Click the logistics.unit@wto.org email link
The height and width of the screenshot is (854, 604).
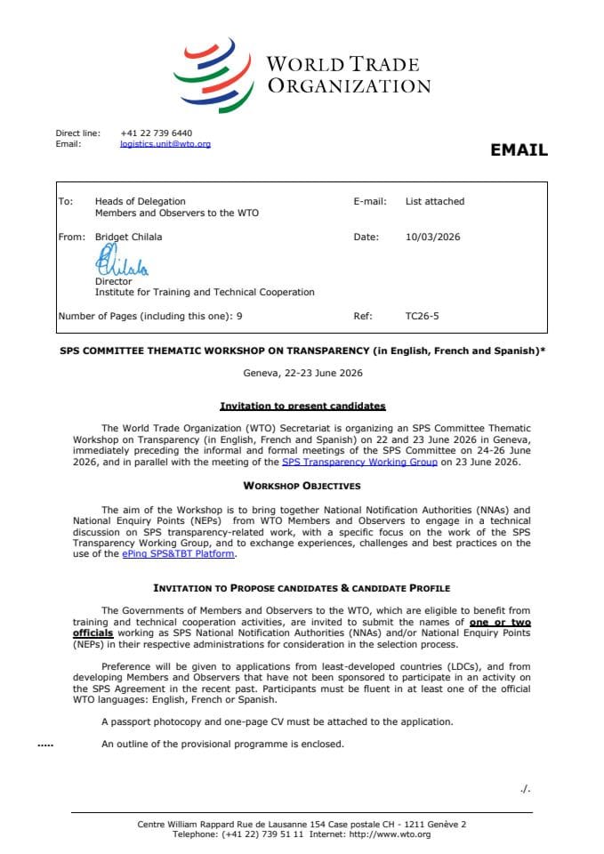click(165, 143)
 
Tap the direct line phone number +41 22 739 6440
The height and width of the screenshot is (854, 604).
click(156, 133)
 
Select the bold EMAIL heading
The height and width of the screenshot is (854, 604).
click(519, 150)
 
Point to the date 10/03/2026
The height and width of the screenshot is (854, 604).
click(432, 237)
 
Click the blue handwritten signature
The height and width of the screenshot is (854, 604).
click(121, 262)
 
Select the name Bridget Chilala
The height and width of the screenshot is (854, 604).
click(129, 237)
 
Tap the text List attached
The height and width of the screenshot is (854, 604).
click(434, 201)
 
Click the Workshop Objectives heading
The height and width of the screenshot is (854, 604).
click(302, 486)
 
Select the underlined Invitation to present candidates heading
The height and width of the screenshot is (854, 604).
click(302, 406)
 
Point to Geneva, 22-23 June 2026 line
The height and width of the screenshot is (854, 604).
click(302, 374)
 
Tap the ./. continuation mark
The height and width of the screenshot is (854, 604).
click(525, 788)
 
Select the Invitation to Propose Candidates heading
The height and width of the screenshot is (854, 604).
click(302, 588)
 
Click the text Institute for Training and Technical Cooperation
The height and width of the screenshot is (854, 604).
click(205, 292)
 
